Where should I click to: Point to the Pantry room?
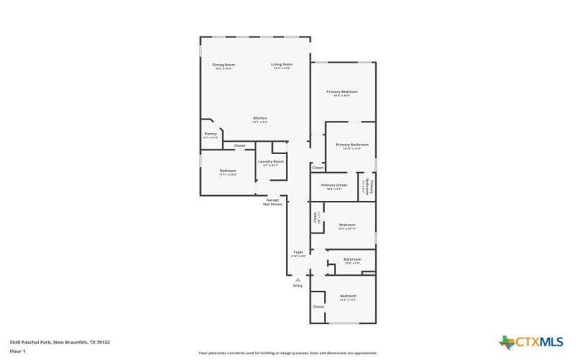tap(210, 135)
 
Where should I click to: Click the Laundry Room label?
tap(271, 163)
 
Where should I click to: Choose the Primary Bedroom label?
tap(341, 93)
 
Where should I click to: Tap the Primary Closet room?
tap(334, 186)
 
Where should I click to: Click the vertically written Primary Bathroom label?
tap(367, 186)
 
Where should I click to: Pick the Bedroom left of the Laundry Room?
tap(228, 172)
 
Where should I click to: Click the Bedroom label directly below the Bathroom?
tap(348, 297)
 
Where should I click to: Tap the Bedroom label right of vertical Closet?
tap(348, 226)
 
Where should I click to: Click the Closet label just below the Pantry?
tap(239, 146)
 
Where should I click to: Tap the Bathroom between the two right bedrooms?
tap(352, 261)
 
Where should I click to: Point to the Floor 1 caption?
tap(17, 351)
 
